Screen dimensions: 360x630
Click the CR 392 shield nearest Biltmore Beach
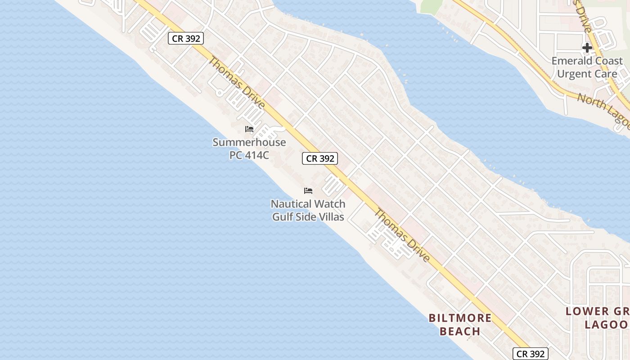(531, 354)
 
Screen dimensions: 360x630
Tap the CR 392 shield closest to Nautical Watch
(320, 158)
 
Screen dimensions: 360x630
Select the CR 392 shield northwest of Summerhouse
(186, 38)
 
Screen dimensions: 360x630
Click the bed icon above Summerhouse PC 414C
(249, 129)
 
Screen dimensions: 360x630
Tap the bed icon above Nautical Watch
(308, 191)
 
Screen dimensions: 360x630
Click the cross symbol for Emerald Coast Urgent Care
(587, 47)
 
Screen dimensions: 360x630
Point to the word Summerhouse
(249, 143)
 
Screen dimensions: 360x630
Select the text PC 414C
(249, 155)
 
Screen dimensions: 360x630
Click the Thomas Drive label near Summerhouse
(236, 83)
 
